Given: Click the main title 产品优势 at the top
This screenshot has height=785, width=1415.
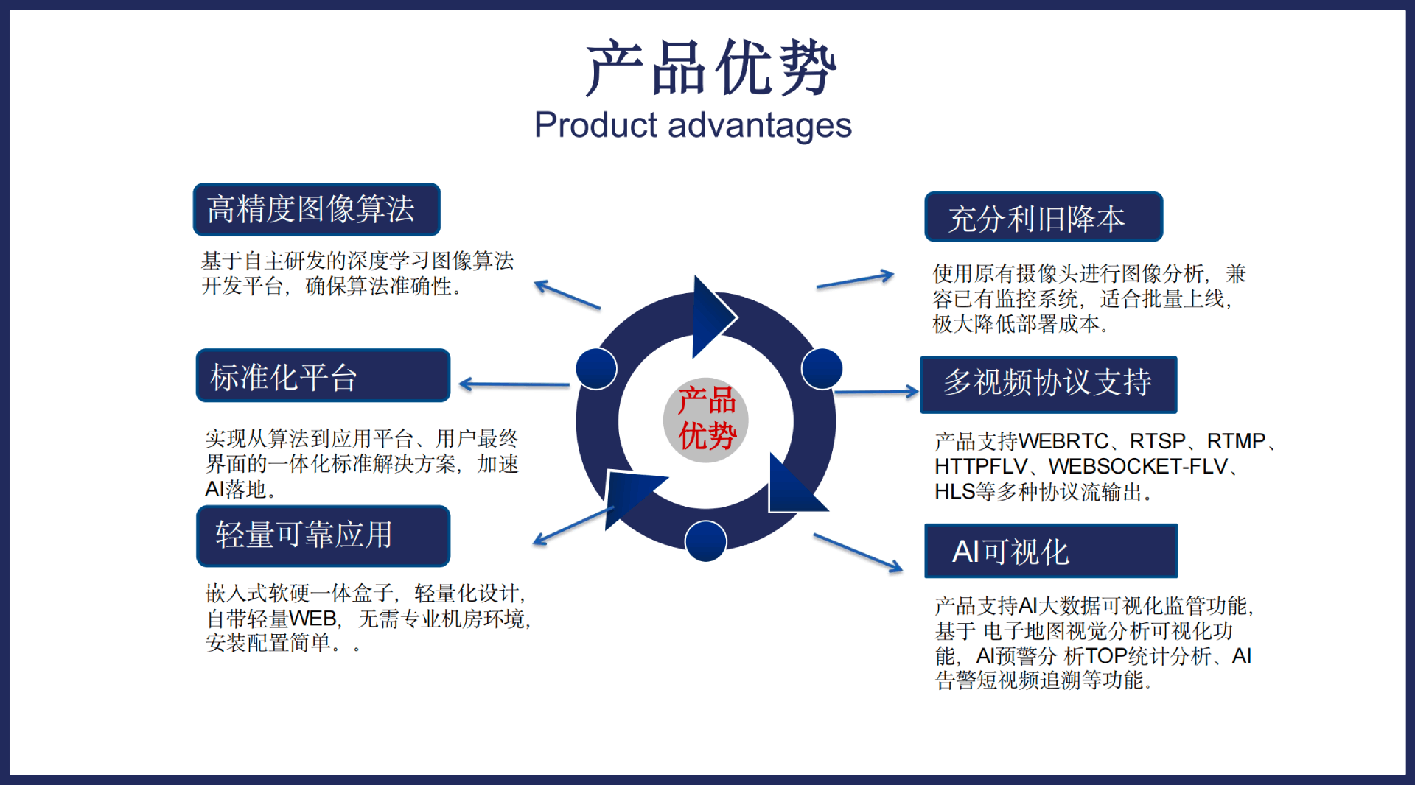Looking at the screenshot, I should pos(710,68).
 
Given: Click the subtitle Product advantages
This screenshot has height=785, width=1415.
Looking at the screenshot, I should pos(693,125).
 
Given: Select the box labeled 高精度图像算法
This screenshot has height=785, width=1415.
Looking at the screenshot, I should pos(316,210).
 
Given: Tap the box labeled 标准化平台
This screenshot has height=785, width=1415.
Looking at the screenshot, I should pos(323,376).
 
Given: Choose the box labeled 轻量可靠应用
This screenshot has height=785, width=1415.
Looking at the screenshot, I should pos(323,535).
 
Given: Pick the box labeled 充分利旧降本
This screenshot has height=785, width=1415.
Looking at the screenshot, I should pos(1043,217).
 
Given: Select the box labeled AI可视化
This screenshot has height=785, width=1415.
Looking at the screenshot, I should pos(1050,551).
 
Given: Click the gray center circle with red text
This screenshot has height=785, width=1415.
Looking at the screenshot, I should pos(706,420).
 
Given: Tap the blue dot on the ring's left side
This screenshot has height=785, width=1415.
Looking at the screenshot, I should pos(596,368).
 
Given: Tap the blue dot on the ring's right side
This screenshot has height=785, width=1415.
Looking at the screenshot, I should pos(821,368).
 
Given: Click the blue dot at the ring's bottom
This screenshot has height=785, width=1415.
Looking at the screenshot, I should pos(705,541).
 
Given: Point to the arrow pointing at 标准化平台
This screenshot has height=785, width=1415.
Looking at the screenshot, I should pos(514,384).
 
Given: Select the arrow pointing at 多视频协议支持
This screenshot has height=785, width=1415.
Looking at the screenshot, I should pos(876,392).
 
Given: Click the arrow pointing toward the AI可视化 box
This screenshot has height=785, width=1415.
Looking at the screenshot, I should pos(858,552).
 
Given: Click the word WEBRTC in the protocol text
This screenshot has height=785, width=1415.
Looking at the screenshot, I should pos(1063,442).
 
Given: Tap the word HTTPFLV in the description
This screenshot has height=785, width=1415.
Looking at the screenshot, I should pos(980,467).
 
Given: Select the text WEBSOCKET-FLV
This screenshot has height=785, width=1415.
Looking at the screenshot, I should pos(1138,467).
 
